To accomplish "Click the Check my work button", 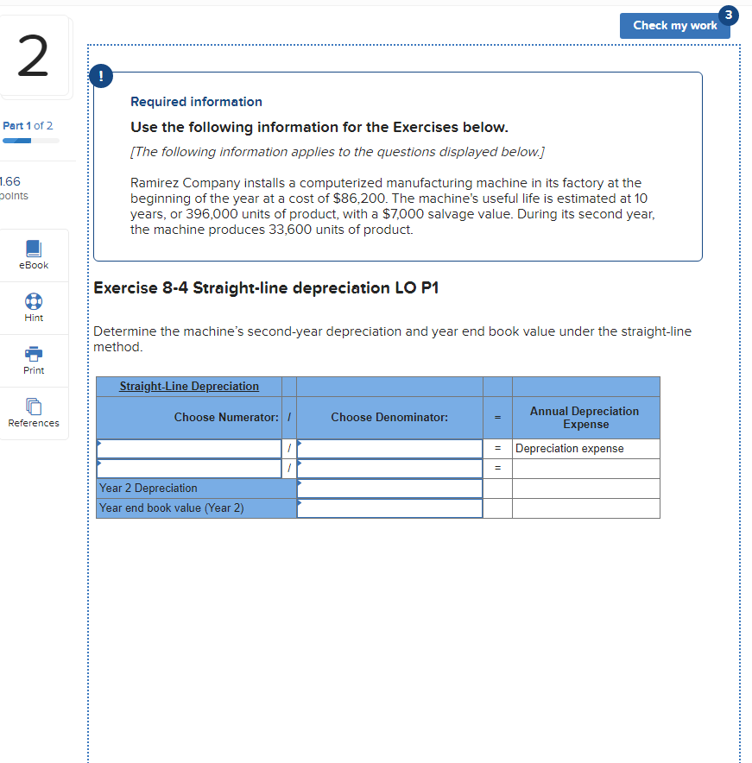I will point(674,25).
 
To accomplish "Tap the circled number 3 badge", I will point(729,14).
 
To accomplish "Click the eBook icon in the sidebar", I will point(34,249).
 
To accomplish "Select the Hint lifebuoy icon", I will point(34,301).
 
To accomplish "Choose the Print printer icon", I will point(34,354).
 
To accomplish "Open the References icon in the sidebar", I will point(34,407).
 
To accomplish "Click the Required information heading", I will point(196,102).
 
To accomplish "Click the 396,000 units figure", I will point(202,214).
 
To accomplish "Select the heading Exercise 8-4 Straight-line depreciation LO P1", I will point(266,288).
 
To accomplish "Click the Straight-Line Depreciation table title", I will point(189,386).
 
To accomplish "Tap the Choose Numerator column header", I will point(226,418).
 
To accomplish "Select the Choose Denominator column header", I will point(389,418).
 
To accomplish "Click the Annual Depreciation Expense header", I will point(585,418).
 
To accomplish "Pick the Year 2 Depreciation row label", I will point(149,489).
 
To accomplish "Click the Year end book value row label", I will point(172,508).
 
